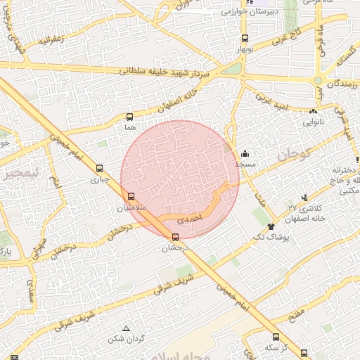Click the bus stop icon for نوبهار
(x=245, y=39)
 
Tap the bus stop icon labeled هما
(x=129, y=117)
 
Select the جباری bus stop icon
(x=99, y=169)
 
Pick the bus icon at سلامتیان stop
(x=131, y=196)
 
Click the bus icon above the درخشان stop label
(x=176, y=237)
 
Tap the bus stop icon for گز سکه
(x=276, y=337)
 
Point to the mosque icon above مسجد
(x=245, y=153)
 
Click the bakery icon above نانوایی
(x=313, y=111)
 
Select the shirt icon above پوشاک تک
(x=271, y=226)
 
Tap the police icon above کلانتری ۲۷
(x=304, y=198)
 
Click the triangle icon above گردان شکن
(x=126, y=328)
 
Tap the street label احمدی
(x=188, y=220)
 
